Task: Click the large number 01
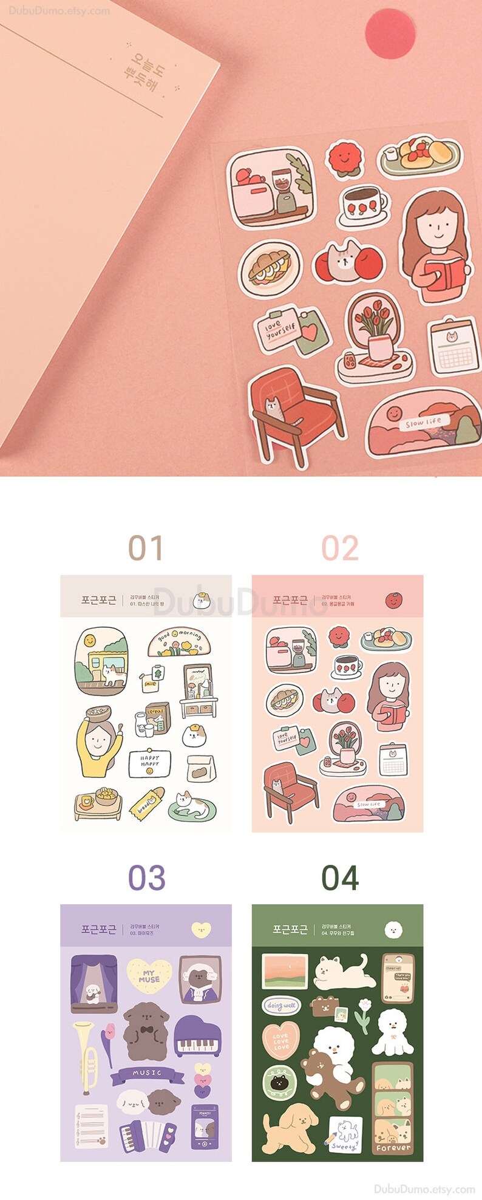[x=146, y=548]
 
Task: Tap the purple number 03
[x=146, y=878]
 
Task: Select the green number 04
[x=339, y=878]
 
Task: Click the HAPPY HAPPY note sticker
[x=149, y=763]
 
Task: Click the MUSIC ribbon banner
[x=147, y=1074]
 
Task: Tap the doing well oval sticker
[x=282, y=1006]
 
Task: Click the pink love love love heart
[x=280, y=1041]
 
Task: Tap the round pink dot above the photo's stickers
[x=390, y=33]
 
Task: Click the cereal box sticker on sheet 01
[x=157, y=717]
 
